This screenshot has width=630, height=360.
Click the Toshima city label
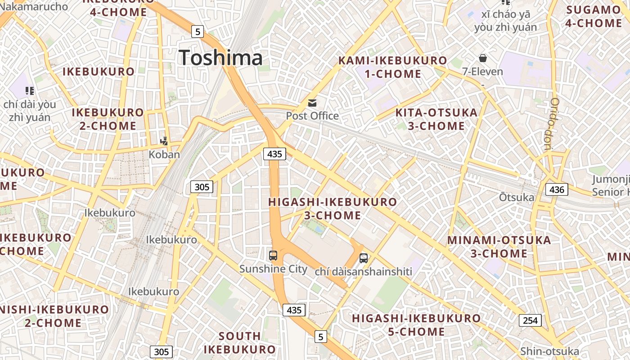pos(220,58)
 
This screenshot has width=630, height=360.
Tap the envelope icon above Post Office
pos(312,103)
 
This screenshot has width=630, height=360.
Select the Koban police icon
pos(164,141)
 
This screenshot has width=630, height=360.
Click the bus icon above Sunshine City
pos(273,256)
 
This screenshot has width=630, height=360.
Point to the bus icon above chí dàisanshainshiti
pos(364,258)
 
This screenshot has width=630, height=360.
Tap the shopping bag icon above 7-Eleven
pos(483,58)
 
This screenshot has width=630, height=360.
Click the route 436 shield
pos(557,189)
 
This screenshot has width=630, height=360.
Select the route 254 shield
pos(530,320)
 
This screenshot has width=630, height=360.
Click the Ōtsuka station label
pos(517,197)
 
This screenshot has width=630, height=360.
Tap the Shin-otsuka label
pos(549,351)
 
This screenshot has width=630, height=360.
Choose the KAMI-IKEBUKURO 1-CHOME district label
pos(393,67)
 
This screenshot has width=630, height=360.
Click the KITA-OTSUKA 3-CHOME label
pos(436,119)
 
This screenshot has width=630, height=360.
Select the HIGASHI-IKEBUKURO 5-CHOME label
pos(416,325)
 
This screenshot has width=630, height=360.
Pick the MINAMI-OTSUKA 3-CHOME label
pos(499,247)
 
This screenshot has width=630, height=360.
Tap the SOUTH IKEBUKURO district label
pos(239,342)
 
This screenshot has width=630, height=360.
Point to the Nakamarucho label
pos(34,6)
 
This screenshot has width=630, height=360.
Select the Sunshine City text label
pos(273,269)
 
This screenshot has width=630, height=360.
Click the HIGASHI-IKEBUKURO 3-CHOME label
pos(333,208)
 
